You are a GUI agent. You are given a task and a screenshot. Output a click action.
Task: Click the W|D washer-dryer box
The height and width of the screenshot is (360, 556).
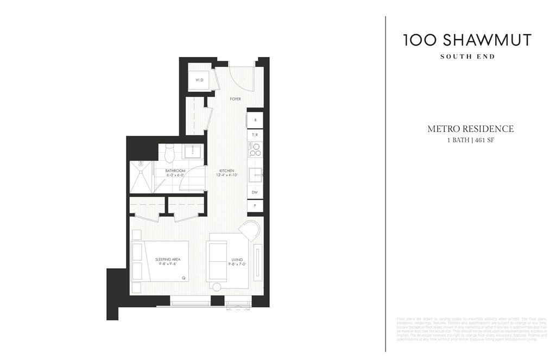click(199, 80)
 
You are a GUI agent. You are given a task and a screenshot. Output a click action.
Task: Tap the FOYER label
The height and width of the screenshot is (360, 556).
click(235, 99)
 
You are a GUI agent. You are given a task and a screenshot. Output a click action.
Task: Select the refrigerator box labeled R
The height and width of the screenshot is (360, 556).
click(255, 120)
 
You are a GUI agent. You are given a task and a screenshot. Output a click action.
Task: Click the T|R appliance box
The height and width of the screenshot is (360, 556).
click(255, 134)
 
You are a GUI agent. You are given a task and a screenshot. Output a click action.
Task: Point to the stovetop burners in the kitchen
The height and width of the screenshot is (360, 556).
click(255, 148)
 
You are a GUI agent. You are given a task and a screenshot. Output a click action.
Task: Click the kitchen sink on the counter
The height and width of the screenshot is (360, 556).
click(255, 175)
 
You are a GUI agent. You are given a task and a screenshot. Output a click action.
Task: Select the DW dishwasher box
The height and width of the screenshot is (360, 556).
click(255, 192)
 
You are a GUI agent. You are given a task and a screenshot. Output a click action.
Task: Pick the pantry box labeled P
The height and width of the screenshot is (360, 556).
click(255, 206)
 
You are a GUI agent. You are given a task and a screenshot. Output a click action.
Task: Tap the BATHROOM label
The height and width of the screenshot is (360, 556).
click(175, 170)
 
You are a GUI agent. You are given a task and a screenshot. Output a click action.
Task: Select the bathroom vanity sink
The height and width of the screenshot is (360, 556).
click(192, 151)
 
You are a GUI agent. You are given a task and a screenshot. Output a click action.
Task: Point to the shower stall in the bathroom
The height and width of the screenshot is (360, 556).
click(141, 177)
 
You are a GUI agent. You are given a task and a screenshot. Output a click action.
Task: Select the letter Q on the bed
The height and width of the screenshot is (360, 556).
click(184, 277)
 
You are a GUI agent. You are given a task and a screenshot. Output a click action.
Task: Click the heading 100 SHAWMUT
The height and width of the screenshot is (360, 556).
click(467, 40)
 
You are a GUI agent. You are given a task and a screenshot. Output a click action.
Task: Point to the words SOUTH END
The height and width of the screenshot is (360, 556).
click(467, 56)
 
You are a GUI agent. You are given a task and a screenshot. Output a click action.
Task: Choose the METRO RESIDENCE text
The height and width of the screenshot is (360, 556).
click(470, 129)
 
